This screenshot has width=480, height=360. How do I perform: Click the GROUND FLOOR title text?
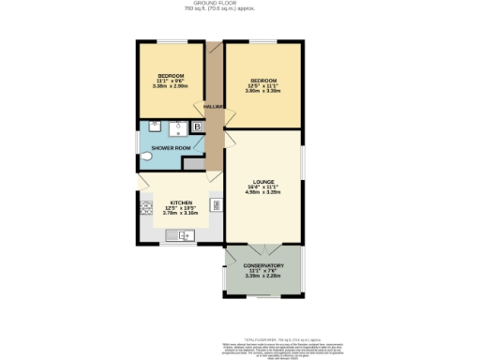tap(240, 4)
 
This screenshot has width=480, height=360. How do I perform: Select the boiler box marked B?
tap(197, 127)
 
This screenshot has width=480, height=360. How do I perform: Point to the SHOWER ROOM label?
tap(171, 147)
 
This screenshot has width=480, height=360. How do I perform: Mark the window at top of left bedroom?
tap(171, 42)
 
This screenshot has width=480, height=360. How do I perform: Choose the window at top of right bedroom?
tap(262, 42)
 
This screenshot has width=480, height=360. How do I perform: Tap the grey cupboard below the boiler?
tap(194, 164)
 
